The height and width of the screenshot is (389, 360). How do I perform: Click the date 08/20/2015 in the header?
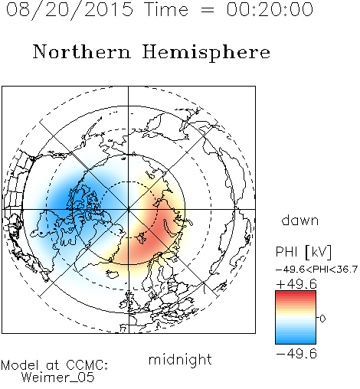tap(70, 10)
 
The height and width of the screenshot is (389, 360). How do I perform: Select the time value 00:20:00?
tap(270, 10)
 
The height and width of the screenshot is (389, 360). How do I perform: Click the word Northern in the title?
tap(82, 52)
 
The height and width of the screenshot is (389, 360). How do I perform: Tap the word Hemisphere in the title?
tap(206, 53)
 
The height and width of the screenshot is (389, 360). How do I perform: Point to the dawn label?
tap(300, 220)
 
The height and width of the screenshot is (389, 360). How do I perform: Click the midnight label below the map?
tap(180, 360)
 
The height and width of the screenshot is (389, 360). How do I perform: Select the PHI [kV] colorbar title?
tap(303, 252)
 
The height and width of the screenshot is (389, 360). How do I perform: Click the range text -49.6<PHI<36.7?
tap(316, 270)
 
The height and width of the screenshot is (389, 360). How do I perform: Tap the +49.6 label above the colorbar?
tap(296, 284)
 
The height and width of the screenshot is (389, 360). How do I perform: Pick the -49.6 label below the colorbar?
tap(296, 354)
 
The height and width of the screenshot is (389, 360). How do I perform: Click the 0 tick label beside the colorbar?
tap(322, 319)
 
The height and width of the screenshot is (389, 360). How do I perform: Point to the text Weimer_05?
tap(58, 378)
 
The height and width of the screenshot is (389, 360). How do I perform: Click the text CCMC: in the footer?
tap(87, 365)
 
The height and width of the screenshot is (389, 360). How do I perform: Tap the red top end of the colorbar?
tap(296, 293)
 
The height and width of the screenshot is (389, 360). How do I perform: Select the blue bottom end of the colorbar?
tap(296, 342)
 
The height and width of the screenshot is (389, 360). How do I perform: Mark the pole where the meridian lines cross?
tap(129, 209)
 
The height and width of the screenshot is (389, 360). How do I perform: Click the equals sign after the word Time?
tap(208, 11)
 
